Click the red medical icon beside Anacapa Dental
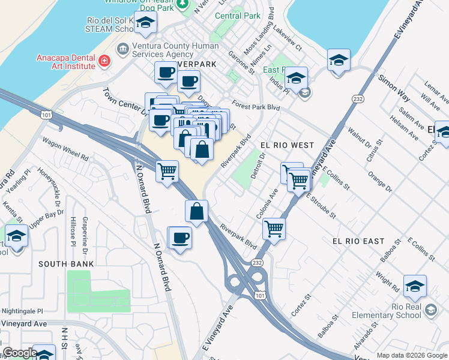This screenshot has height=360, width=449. [x=104, y=61]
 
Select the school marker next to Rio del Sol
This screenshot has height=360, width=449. [x=145, y=25]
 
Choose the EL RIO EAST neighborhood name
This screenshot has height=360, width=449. [x=358, y=241]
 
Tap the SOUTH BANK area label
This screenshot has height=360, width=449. [x=66, y=263]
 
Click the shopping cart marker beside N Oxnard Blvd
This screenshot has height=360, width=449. [x=167, y=170]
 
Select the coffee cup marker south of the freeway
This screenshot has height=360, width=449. [x=179, y=238]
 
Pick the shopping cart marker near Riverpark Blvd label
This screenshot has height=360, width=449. [x=274, y=228]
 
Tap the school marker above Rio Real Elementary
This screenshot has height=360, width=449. [x=415, y=286]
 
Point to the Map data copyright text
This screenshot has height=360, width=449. [x=412, y=355]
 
